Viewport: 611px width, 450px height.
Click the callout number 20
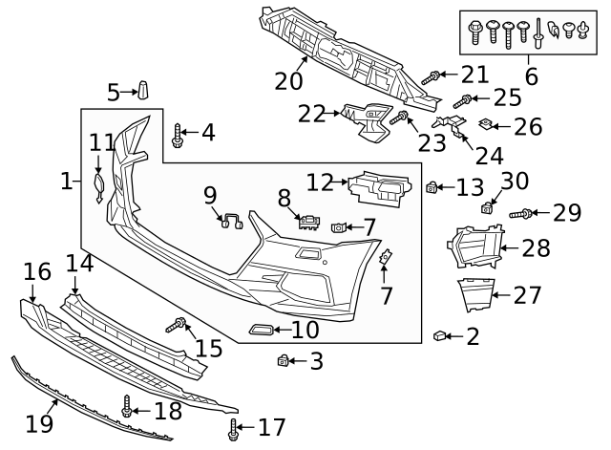[288, 82]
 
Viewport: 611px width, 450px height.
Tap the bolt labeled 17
[233, 429]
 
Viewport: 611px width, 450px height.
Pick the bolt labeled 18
[126, 408]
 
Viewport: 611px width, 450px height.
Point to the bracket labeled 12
[380, 187]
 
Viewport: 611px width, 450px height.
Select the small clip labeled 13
[432, 187]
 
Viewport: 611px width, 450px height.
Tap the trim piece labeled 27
[475, 294]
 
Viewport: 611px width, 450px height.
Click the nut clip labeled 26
[485, 123]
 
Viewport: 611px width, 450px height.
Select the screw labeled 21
[431, 77]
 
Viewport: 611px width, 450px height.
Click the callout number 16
[37, 272]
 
